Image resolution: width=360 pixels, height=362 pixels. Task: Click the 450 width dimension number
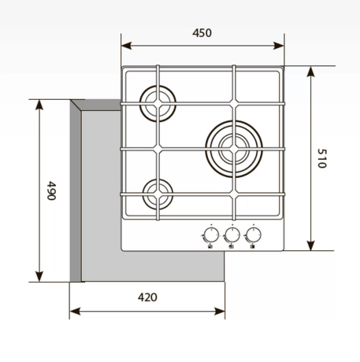click(202, 33)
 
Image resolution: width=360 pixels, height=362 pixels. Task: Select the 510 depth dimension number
click(321, 158)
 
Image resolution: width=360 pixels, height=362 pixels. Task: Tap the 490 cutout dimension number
click(51, 190)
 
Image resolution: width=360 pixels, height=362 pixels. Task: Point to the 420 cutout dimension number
click(147, 297)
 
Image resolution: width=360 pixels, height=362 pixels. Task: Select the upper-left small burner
click(158, 87)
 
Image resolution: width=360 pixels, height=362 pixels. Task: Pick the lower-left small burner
click(158, 181)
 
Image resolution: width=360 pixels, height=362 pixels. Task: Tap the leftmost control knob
click(211, 235)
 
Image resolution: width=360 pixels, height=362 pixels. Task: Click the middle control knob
click(232, 235)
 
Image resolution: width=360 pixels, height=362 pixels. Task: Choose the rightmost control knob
click(254, 235)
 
